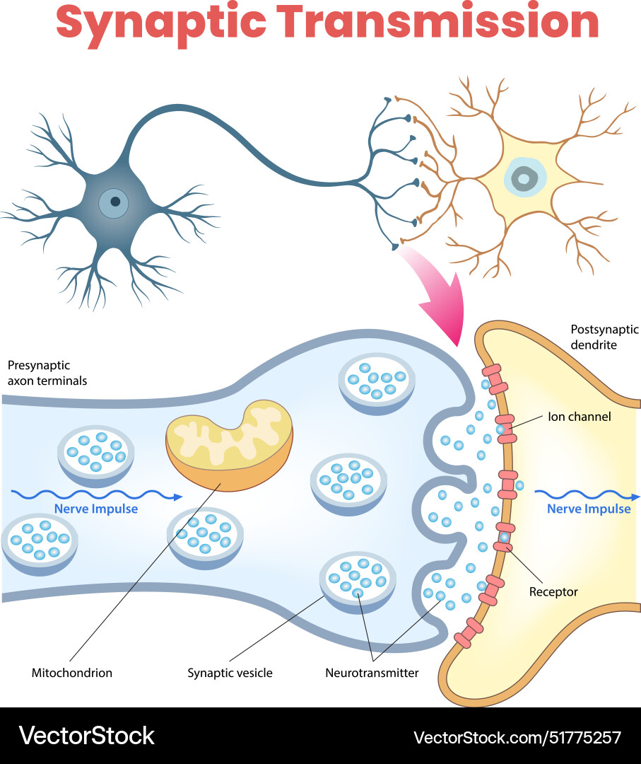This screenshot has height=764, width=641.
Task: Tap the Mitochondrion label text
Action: point(72,673)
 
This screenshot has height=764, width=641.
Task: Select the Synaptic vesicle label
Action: point(230,673)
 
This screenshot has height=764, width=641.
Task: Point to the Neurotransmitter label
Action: point(372,673)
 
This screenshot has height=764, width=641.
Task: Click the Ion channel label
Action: point(579,417)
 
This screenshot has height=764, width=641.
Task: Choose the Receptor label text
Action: point(553,591)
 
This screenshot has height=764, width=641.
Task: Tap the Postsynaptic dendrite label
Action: point(594,337)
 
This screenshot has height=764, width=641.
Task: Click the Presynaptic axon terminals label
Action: point(47,373)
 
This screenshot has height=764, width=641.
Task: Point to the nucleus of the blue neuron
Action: point(114,203)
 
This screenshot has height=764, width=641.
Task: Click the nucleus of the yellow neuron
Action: point(523,178)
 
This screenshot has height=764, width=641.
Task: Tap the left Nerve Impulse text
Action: point(96,509)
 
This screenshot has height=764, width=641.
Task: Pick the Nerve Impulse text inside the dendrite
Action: point(589,509)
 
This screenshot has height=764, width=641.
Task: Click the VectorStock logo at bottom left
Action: point(87,736)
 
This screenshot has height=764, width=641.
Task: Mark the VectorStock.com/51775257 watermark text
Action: point(517,737)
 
